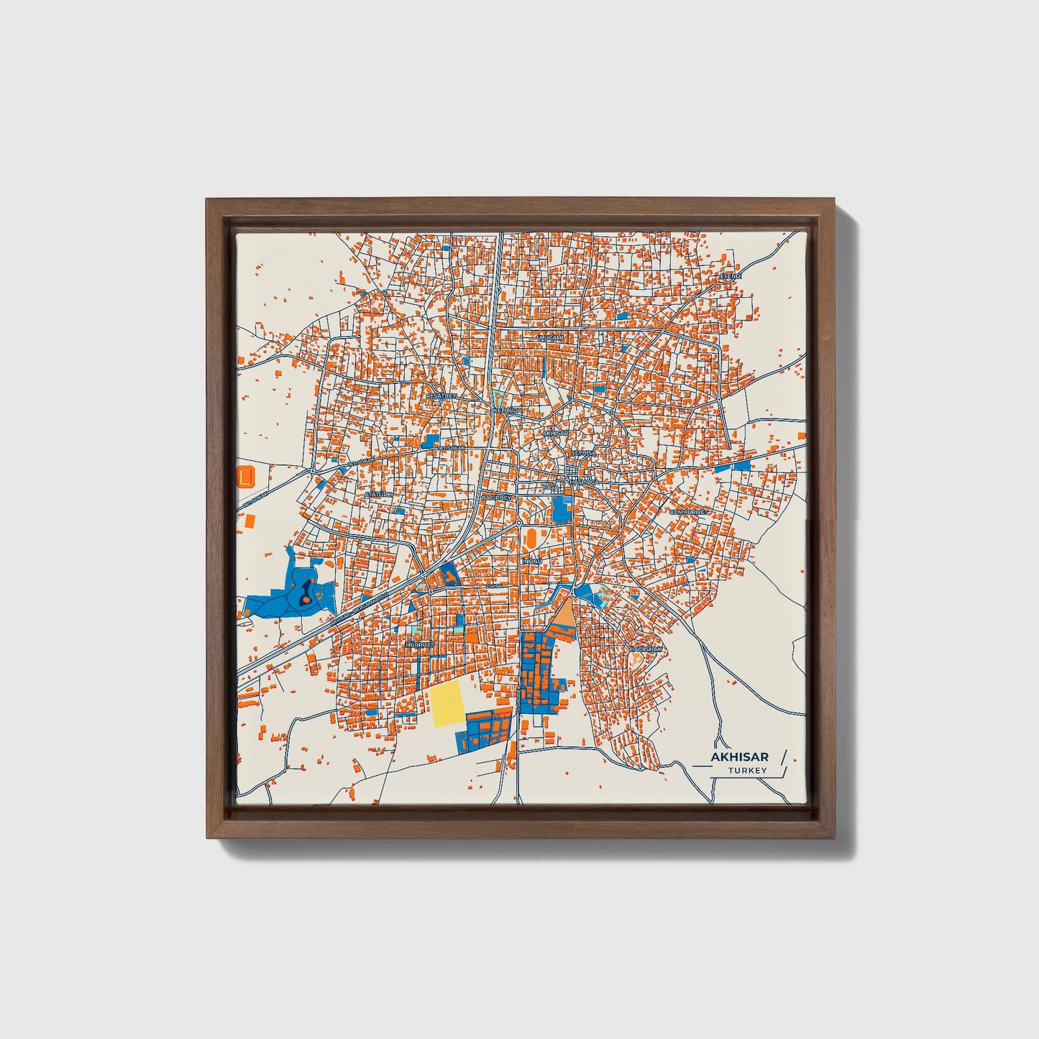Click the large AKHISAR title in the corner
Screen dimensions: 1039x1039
coord(739,756)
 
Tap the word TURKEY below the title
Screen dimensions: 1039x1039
coord(747,771)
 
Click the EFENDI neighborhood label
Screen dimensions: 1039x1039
coord(731,275)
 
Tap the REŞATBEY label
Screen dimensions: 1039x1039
coord(441,395)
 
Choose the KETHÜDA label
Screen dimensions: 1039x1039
coord(506,410)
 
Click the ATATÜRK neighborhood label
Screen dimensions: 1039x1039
coord(378,495)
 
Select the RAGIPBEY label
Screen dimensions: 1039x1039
coord(495,497)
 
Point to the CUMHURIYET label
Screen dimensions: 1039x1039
coord(689,512)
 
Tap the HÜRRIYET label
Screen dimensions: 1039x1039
coord(421,645)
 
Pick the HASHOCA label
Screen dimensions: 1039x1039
coord(582,480)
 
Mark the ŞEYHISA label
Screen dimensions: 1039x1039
coord(582,454)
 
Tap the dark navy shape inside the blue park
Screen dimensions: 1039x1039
coord(306,591)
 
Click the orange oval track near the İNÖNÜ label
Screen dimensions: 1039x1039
coord(530,536)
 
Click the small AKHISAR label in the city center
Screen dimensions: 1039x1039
coord(555,434)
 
